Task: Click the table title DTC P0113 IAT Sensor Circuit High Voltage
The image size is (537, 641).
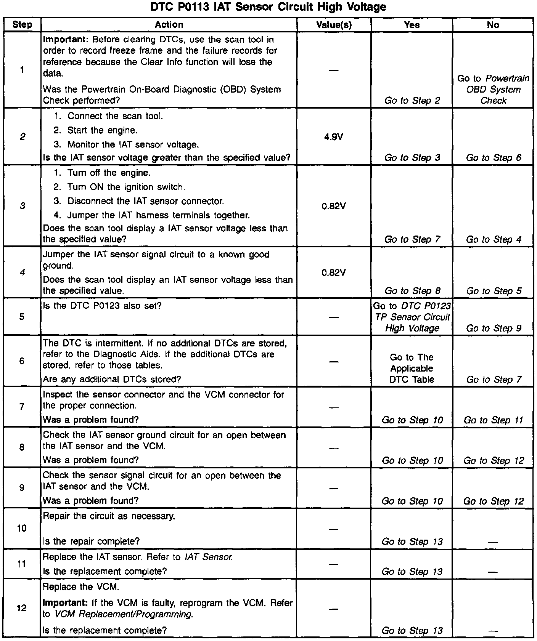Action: [x=268, y=7]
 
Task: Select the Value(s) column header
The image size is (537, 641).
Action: [x=334, y=25]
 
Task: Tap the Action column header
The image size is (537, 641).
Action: [x=169, y=25]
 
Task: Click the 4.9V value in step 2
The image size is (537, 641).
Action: [x=334, y=136]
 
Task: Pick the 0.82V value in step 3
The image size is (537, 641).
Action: [x=334, y=206]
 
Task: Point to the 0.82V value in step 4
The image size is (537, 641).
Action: [x=334, y=272]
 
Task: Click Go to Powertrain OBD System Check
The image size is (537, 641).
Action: [x=493, y=90]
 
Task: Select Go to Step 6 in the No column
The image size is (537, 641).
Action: [x=493, y=158]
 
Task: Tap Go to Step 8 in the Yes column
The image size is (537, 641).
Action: [x=412, y=291]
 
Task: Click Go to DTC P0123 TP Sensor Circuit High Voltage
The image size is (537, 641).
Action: [x=412, y=317]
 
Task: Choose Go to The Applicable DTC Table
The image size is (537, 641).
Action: [x=412, y=368]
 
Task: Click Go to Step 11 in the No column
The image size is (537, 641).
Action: [x=493, y=420]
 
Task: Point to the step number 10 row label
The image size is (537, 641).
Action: [x=22, y=528]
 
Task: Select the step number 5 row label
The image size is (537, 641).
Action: [x=22, y=317]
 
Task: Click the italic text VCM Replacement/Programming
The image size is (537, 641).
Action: [x=123, y=614]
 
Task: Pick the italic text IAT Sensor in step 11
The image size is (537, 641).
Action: [x=208, y=557]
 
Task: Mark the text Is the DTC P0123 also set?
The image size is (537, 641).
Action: [x=102, y=306]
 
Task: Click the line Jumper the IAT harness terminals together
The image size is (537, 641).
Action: [x=158, y=215]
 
